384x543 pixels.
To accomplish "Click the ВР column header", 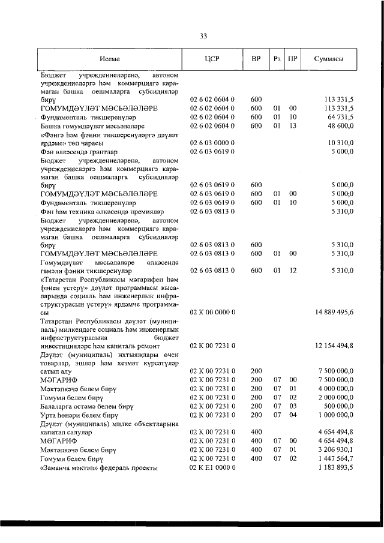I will (x=256, y=59).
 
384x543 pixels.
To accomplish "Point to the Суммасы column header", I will (x=329, y=59).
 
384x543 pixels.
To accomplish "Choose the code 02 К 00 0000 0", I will (x=212, y=312).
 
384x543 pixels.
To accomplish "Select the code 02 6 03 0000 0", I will (x=212, y=143).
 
